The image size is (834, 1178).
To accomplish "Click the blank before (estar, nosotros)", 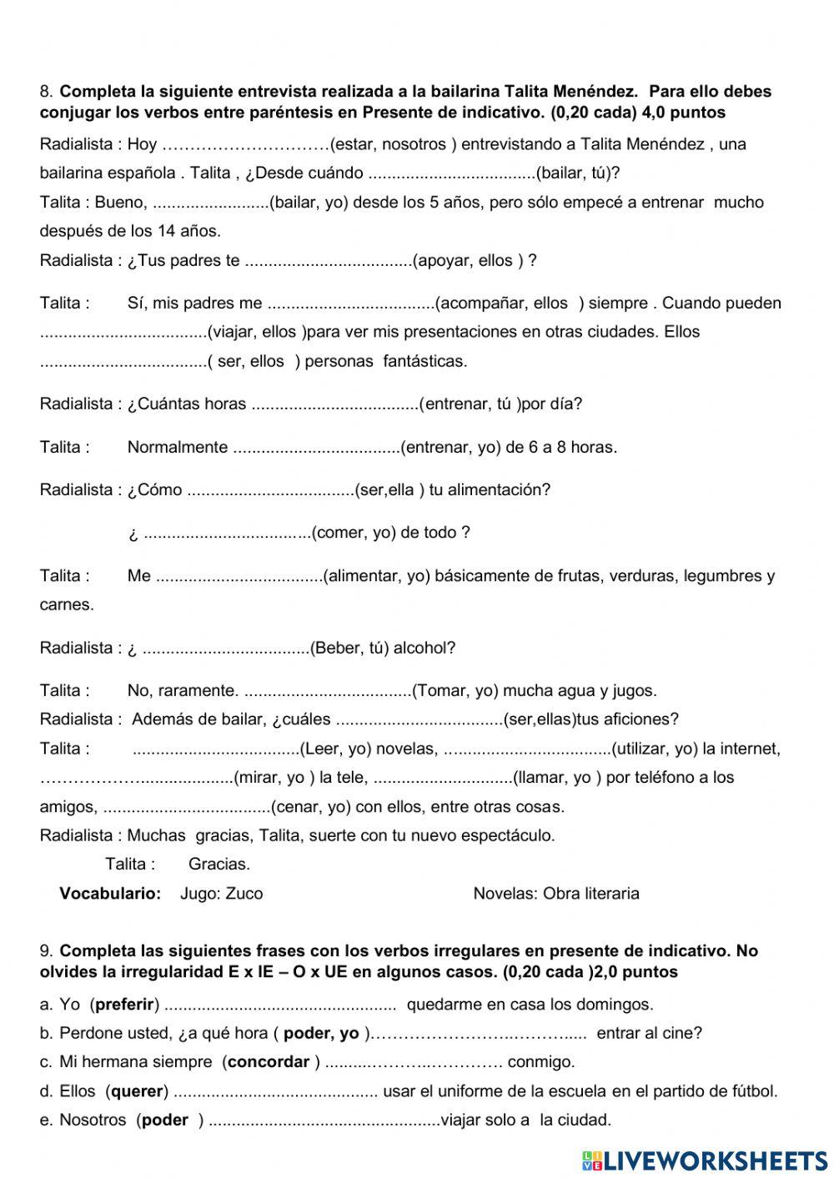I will (246, 144).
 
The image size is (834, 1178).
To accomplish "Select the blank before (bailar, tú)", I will (451, 173).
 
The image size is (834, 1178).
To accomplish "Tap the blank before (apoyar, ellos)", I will (328, 261).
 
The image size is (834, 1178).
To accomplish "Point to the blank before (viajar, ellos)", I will (123, 332).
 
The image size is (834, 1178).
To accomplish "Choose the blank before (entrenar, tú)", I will (334, 404).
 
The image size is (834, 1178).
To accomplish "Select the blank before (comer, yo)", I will (227, 533).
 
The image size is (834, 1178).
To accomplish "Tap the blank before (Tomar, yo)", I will (328, 690).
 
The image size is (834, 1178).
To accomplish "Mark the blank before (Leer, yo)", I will (216, 749).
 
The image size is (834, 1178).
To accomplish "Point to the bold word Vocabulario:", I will (110, 894).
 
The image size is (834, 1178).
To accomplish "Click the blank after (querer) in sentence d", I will (275, 1091).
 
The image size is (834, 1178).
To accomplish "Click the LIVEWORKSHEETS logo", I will (705, 1160).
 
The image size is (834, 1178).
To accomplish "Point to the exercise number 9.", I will (46, 951).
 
